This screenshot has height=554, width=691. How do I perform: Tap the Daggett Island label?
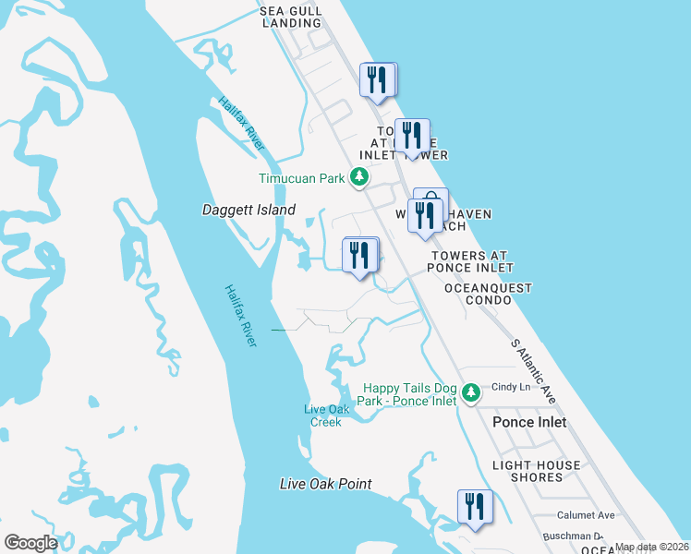click(249, 211)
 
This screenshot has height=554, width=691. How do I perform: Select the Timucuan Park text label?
click(301, 178)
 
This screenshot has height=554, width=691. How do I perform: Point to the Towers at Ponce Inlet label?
click(470, 261)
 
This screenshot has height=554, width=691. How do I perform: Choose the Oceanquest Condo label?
click(489, 295)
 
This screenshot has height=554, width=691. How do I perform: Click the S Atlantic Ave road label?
click(533, 371)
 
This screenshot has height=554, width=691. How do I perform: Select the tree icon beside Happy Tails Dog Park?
click(471, 393)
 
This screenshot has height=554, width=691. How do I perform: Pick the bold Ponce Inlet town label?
click(529, 422)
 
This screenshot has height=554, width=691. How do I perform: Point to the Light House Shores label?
click(537, 471)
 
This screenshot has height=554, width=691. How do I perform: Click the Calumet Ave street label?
click(586, 515)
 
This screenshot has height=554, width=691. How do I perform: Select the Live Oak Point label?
click(326, 484)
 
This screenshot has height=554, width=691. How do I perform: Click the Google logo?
click(30, 542)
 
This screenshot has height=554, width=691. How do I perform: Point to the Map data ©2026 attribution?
click(651, 547)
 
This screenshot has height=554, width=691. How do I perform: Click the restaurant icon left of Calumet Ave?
click(475, 507)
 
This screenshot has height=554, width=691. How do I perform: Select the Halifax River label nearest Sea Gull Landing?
click(242, 123)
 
